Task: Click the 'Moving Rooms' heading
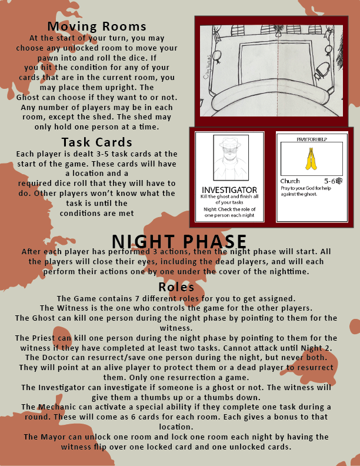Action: [x=97, y=26]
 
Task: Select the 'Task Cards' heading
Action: [x=97, y=142]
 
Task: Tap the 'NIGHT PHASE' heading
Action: [x=179, y=242]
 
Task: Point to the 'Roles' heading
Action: [x=176, y=287]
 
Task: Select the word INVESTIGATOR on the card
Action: [x=229, y=190]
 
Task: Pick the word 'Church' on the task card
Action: [x=291, y=181]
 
